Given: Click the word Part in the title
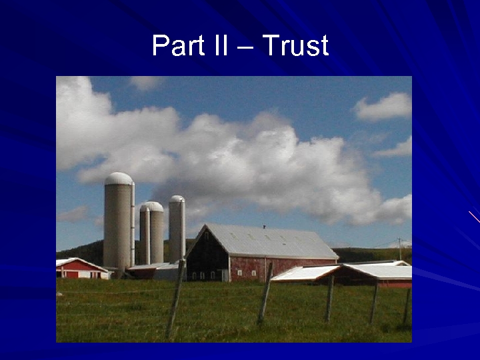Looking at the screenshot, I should coord(176,45).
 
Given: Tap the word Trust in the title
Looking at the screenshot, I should coord(295,45).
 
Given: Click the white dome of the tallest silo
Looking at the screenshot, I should coord(119,178).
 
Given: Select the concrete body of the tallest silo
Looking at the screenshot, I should coord(117,223).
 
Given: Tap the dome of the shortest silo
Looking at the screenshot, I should coord(152,206).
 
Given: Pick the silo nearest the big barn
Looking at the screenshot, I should coord(176,230).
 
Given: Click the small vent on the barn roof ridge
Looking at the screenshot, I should coord(264,227).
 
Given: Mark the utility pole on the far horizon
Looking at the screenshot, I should coord(399,248).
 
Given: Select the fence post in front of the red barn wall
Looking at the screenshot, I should coord(265,293).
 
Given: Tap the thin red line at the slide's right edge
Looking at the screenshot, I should coord(474,217).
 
